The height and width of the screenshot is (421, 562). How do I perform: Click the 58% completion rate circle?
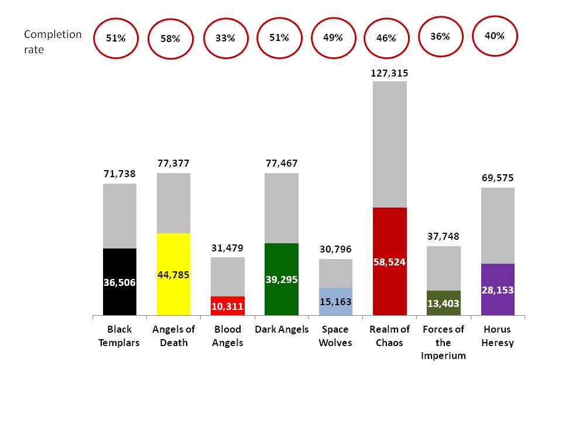(170, 39)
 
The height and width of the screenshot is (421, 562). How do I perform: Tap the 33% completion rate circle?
(225, 38)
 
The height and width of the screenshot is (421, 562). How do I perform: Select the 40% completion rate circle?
(495, 35)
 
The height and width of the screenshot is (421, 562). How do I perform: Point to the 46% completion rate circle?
(386, 39)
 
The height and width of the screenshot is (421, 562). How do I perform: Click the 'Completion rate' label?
(53, 42)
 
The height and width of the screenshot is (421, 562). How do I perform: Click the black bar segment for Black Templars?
(120, 282)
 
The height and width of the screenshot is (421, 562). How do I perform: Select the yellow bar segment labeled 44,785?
(174, 274)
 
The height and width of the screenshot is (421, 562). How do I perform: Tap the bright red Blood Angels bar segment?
(228, 306)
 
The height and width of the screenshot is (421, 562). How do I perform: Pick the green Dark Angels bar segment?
(282, 279)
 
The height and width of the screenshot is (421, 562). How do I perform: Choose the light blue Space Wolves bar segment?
(335, 302)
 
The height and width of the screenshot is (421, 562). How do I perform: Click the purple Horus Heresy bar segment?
(498, 289)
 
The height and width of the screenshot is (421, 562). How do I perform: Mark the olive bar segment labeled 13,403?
(443, 303)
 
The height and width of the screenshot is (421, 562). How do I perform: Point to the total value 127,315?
(389, 73)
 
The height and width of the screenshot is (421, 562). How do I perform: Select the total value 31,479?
(228, 247)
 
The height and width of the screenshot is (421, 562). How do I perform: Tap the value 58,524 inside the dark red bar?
(389, 262)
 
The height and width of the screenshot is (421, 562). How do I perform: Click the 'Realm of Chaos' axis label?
(389, 336)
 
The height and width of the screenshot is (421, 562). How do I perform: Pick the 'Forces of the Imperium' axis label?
(443, 342)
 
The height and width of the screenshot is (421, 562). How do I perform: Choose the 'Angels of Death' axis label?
(174, 336)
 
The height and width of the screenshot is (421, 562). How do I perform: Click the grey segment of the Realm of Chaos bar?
(389, 144)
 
